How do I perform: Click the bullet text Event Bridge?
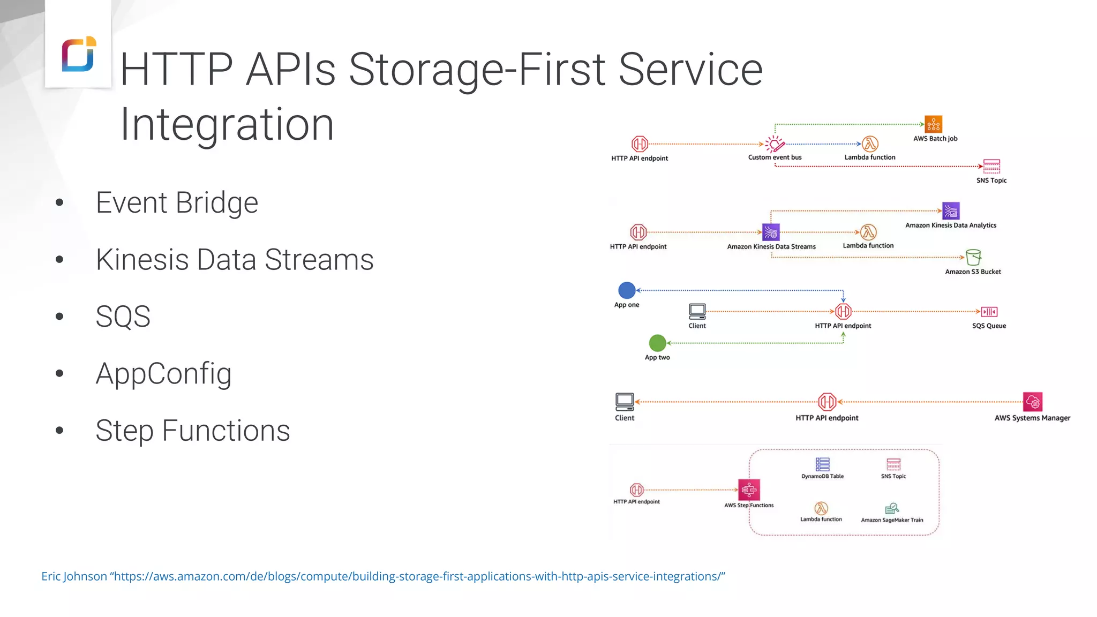click(177, 203)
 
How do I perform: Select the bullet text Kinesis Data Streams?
click(234, 260)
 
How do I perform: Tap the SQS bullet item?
click(123, 317)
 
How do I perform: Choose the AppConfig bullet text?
click(163, 373)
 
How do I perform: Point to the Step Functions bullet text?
click(192, 431)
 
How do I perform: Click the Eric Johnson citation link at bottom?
click(383, 576)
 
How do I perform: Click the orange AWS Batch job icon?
click(933, 124)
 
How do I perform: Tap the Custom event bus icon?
click(775, 144)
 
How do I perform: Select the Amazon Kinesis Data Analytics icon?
click(950, 210)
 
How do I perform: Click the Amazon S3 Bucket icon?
click(973, 257)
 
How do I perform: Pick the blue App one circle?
click(626, 290)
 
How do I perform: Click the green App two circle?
click(657, 343)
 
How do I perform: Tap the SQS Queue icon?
click(989, 312)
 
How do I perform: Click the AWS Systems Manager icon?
click(1032, 402)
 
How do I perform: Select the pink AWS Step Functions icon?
click(749, 490)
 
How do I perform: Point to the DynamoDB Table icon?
click(822, 464)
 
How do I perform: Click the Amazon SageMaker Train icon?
click(892, 508)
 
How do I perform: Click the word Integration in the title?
click(227, 124)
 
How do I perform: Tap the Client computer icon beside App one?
click(697, 311)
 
